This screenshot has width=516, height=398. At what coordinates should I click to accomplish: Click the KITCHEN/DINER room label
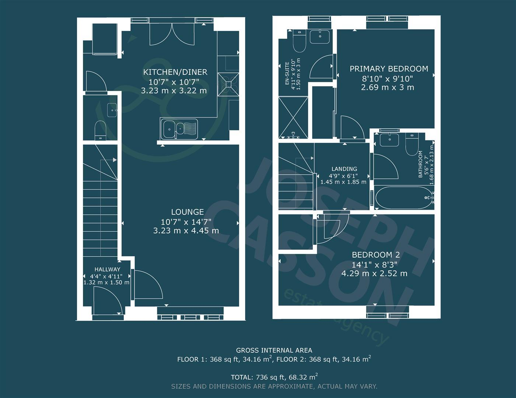click(x=175, y=72)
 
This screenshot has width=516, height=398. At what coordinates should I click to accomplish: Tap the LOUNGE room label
click(x=187, y=212)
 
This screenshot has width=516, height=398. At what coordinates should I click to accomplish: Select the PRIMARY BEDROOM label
click(x=388, y=69)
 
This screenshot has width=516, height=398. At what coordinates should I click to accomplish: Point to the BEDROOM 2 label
click(x=376, y=255)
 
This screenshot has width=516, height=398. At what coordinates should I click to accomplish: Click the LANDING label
click(x=344, y=169)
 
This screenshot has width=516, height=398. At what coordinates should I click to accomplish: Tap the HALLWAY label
click(x=107, y=269)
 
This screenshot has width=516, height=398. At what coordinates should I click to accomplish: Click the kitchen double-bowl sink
click(x=179, y=129)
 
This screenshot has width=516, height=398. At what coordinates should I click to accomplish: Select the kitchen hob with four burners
click(x=229, y=84)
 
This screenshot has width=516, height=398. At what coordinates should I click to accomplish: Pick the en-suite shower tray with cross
click(x=293, y=117)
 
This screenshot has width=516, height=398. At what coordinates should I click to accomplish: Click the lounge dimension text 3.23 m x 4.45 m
click(x=186, y=231)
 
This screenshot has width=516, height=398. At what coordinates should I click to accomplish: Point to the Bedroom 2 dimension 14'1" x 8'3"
click(x=374, y=265)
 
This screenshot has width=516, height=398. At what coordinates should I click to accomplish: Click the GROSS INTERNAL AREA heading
click(x=274, y=350)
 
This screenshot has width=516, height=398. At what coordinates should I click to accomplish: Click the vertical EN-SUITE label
click(x=287, y=74)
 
